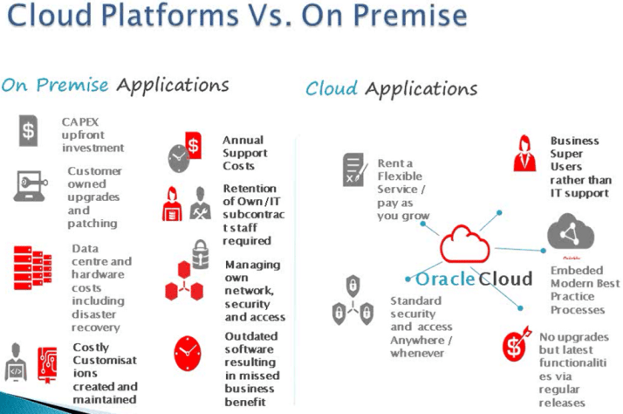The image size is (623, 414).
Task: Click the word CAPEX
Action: pyautogui.click(x=81, y=121)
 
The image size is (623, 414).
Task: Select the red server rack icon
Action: pyautogui.click(x=32, y=266)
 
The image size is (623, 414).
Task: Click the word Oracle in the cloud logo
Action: pyautogui.click(x=445, y=279)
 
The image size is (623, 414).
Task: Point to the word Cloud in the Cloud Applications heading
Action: pyautogui.click(x=332, y=89)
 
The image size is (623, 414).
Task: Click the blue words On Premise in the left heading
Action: pyautogui.click(x=55, y=85)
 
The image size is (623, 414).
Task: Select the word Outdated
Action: pyautogui.click(x=251, y=336)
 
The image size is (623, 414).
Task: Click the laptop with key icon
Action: pyautogui.click(x=32, y=186)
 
